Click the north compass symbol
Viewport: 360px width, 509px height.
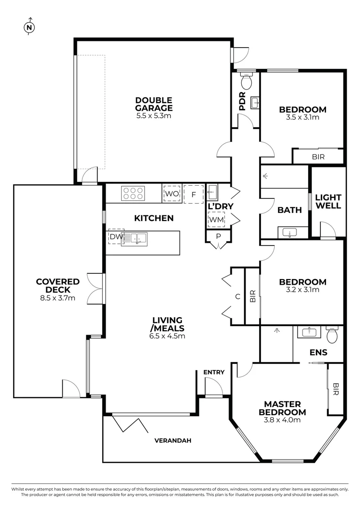tap(30, 27)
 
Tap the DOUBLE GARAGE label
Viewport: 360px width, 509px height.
tap(154, 104)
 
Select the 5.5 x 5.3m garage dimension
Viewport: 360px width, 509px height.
tap(154, 115)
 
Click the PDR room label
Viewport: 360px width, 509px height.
tap(242, 101)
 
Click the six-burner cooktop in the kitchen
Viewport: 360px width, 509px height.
tap(133, 193)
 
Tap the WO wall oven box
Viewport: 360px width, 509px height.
tap(172, 194)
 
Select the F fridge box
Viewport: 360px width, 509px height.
tap(193, 194)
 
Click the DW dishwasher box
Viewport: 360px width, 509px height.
tap(115, 237)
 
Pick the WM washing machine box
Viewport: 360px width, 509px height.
tap(216, 220)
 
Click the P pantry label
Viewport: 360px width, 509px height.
tap(218, 237)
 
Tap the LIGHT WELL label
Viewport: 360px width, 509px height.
tap(328, 202)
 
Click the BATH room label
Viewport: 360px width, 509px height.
tap(289, 210)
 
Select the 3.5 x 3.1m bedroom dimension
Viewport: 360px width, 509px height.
tap(303, 117)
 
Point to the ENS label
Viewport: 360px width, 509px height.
tap(319, 352)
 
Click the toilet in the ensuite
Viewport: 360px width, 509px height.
tap(333, 335)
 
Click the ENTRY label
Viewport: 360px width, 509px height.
tap(214, 372)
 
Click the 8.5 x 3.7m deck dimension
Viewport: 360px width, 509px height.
tap(57, 298)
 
